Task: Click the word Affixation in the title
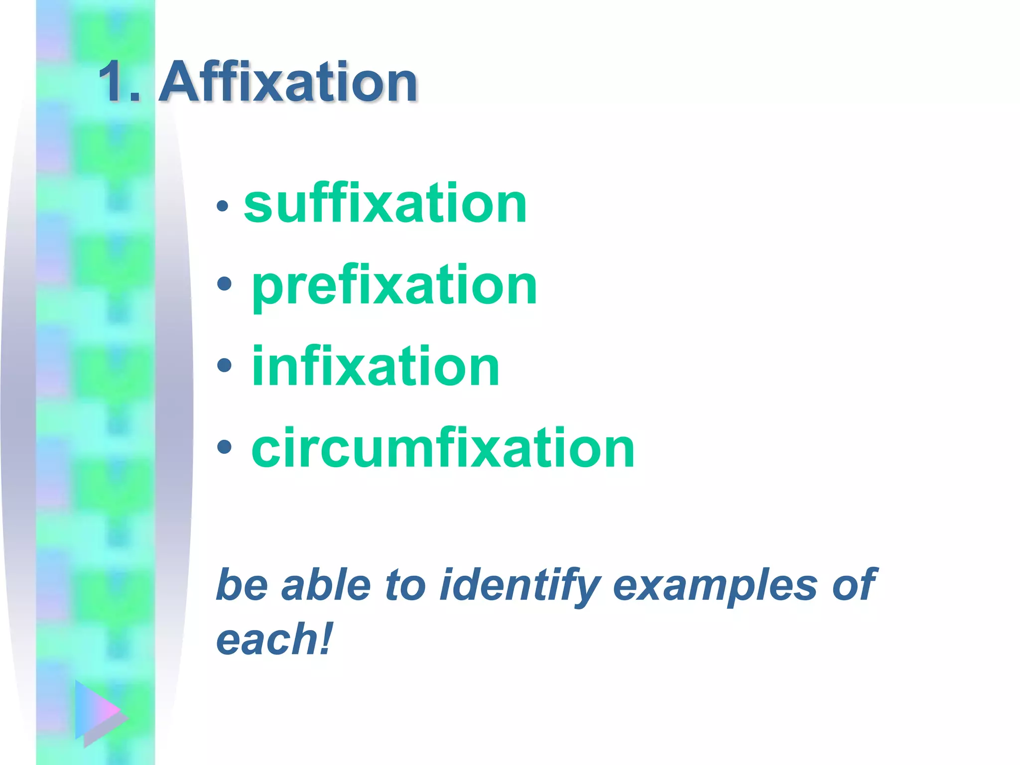click(x=288, y=82)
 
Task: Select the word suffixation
click(x=385, y=204)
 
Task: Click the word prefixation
click(x=394, y=285)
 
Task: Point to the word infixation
click(x=376, y=367)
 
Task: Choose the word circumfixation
click(x=443, y=448)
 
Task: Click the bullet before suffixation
click(x=223, y=205)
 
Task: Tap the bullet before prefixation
click(x=225, y=284)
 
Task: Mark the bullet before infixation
click(x=225, y=365)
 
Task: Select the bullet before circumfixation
click(x=225, y=447)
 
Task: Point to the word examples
click(x=715, y=586)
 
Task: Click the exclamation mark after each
click(x=325, y=639)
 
